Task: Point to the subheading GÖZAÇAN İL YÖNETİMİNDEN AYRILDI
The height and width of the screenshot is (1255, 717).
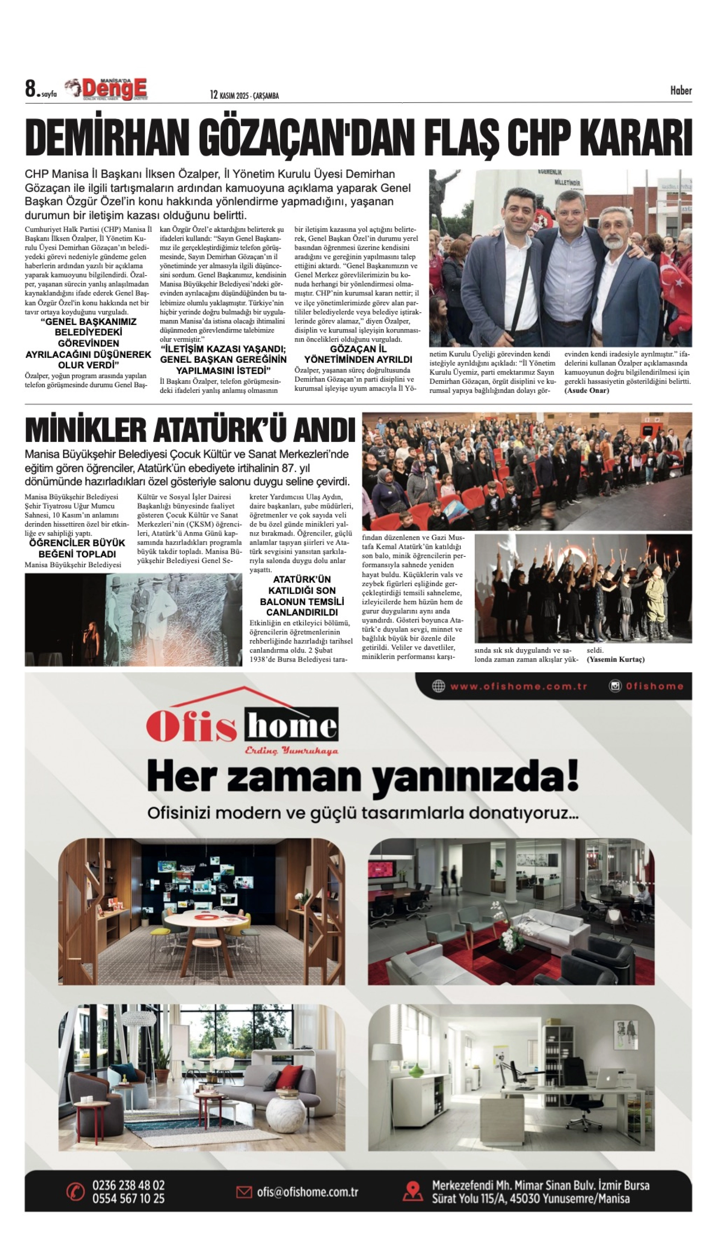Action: point(358,354)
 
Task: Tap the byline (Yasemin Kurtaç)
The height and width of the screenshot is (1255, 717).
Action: point(615,659)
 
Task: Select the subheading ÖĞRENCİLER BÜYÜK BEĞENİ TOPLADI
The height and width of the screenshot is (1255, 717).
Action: point(77,548)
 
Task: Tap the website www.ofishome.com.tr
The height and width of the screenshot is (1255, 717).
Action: point(519,686)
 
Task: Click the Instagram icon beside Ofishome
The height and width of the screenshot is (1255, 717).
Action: point(615,686)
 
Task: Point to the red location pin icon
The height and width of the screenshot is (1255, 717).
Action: point(413,1192)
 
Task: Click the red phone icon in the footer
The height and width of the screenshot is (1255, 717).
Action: point(75,1192)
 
